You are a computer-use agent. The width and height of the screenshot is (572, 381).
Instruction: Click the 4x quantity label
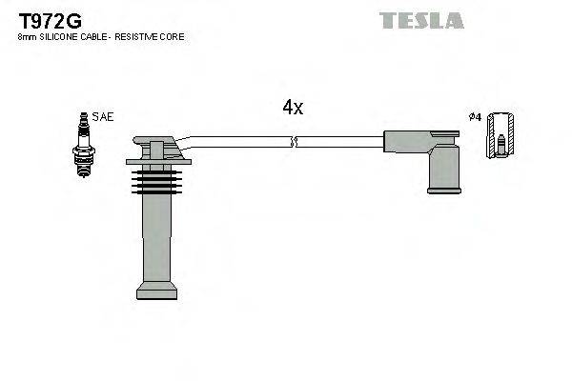coord(293,108)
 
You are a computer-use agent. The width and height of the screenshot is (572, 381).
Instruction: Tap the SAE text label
coord(104,117)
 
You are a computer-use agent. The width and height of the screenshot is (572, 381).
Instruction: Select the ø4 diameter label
coord(474,117)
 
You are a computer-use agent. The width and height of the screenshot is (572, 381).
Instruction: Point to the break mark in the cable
coord(295,142)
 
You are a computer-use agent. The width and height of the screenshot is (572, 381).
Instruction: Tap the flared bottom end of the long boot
coord(156,290)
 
